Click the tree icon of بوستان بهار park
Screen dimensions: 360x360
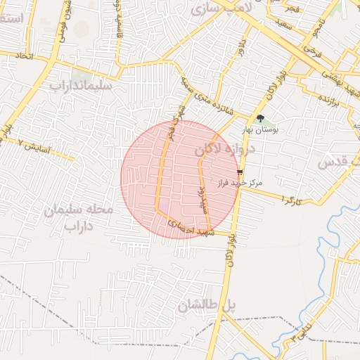pos(261,119)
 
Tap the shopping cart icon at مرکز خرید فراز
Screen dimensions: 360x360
pos(240,172)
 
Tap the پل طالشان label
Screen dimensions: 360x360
pos(209,305)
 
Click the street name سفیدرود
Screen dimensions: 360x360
pos(202,199)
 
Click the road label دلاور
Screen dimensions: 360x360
pos(240,51)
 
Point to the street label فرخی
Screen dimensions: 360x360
pos(314,50)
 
